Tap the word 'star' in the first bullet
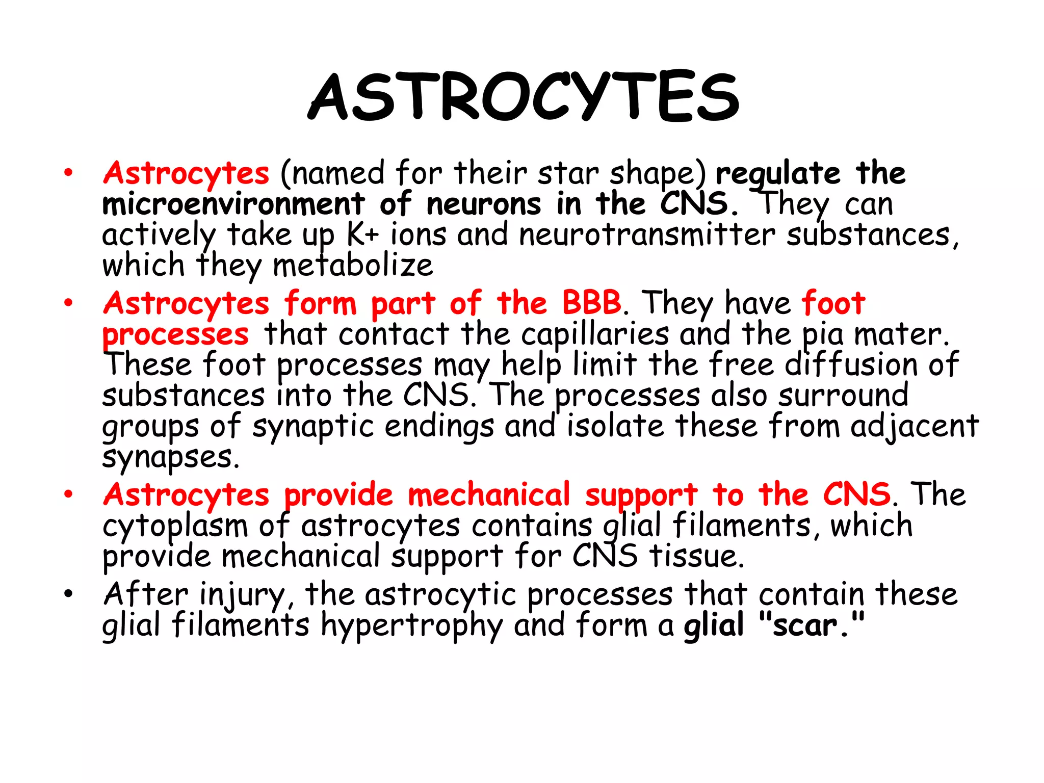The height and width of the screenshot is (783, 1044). click(568, 173)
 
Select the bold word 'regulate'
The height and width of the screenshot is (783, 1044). click(778, 174)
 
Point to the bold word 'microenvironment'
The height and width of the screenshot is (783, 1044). click(233, 204)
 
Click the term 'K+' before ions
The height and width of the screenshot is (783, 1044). click(363, 235)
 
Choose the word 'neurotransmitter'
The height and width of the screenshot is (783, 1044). click(647, 235)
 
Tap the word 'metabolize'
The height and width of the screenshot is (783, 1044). click(353, 266)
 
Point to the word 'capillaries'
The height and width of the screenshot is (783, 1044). click(595, 335)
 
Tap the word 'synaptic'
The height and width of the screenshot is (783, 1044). click(313, 427)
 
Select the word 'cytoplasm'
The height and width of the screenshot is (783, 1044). click(175, 526)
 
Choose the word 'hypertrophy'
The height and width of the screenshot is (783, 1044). click(411, 627)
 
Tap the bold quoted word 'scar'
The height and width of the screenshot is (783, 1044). click(805, 626)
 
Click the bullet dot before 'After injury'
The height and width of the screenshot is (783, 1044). click(69, 594)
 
